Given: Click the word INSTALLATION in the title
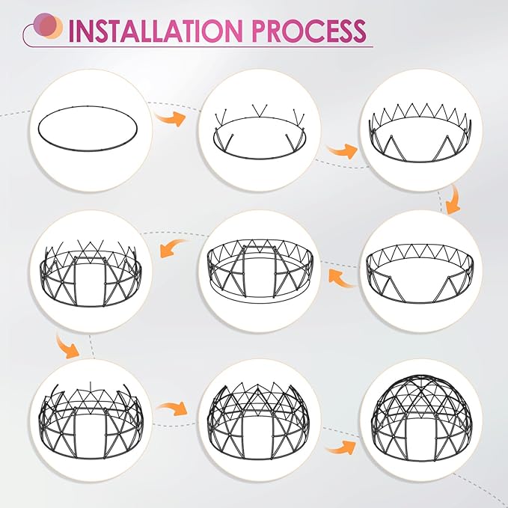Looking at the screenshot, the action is pyautogui.click(x=156, y=31).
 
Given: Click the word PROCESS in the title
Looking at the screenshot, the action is pyautogui.click(x=309, y=31).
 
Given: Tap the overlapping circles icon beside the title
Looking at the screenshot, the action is pyautogui.click(x=48, y=26).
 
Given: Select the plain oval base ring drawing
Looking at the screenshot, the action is pyautogui.click(x=88, y=128).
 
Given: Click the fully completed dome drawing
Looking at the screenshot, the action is pyautogui.click(x=421, y=417).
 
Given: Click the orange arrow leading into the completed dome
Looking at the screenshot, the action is pyautogui.click(x=340, y=447).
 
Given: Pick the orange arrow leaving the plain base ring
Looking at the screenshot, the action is pyautogui.click(x=170, y=118).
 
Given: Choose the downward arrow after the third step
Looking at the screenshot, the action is pyautogui.click(x=453, y=200).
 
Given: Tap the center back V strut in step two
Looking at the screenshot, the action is pyautogui.click(x=259, y=111).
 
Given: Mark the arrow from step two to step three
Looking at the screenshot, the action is pyautogui.click(x=342, y=151).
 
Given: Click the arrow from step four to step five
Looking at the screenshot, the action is pyautogui.click(x=343, y=278).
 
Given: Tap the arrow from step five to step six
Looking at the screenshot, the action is pyautogui.click(x=174, y=248).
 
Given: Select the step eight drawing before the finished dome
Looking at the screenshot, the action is pyautogui.click(x=259, y=420).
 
